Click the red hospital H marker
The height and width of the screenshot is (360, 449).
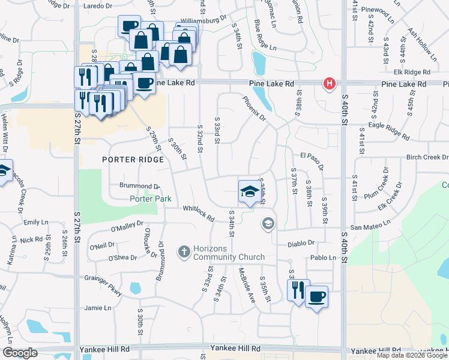329,84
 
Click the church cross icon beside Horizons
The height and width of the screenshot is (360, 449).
184,251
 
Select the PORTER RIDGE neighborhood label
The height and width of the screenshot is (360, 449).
133,160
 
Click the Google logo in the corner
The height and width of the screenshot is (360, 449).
19,353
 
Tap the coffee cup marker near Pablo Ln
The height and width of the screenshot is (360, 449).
316,296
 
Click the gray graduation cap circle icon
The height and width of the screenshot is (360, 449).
268,224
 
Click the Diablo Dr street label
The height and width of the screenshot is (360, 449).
303,244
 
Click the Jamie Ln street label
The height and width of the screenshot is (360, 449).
98,308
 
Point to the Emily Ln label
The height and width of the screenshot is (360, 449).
35,223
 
